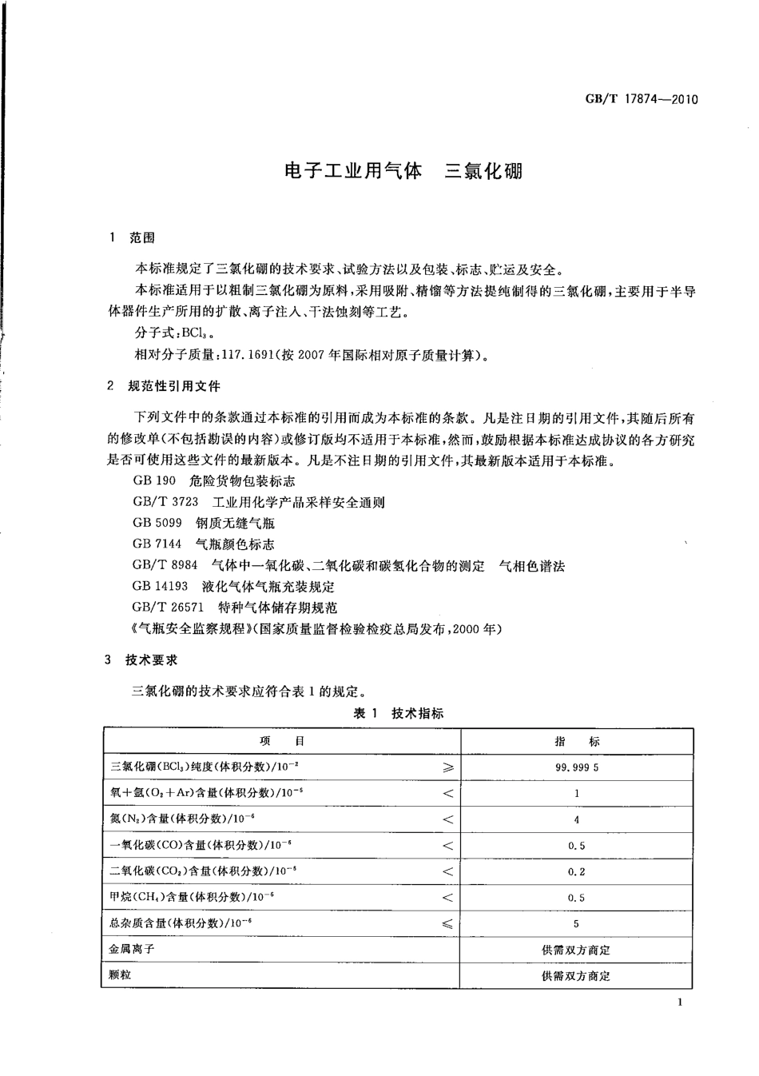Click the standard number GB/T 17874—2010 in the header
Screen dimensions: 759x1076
[x=642, y=100]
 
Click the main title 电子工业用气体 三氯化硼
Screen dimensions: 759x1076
[x=403, y=171]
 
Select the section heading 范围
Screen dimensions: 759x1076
[x=143, y=237]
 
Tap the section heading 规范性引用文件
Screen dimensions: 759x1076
[x=174, y=386]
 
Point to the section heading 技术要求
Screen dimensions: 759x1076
[x=151, y=660]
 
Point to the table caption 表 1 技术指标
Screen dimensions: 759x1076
[x=398, y=713]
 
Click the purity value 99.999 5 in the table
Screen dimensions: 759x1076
[x=576, y=767]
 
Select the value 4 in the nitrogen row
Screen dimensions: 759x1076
[x=576, y=819]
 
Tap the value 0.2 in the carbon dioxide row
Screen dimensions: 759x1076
[x=576, y=872]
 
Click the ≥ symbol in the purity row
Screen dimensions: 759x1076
[x=448, y=767]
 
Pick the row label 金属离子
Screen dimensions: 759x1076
[x=132, y=949]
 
